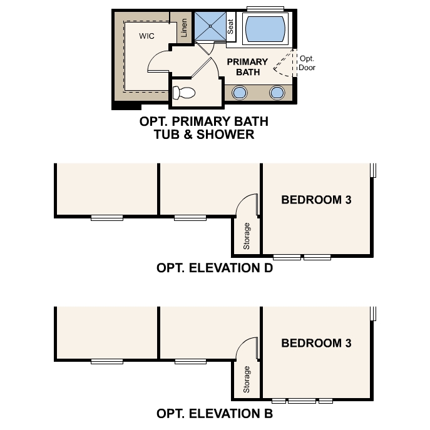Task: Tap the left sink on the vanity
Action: [x=239, y=93]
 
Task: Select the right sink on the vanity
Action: [x=277, y=93]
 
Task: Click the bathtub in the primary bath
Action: [x=265, y=28]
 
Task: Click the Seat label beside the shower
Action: [x=230, y=26]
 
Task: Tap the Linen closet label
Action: [x=184, y=28]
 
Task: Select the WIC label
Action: [x=147, y=36]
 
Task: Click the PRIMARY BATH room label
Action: [x=247, y=67]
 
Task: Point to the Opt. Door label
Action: [x=307, y=63]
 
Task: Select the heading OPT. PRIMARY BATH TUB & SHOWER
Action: [x=197, y=128]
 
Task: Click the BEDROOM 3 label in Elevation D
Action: [x=316, y=200]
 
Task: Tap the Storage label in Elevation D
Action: [x=247, y=236]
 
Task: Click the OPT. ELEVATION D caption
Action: [x=214, y=269]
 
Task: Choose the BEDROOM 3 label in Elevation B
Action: [x=316, y=343]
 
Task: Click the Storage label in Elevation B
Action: [x=247, y=379]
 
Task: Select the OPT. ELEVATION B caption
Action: [x=214, y=414]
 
